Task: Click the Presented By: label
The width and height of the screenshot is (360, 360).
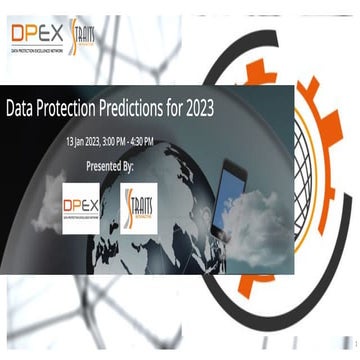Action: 110,163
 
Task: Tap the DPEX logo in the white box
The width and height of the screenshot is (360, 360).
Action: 87,207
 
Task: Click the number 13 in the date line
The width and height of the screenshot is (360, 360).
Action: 70,140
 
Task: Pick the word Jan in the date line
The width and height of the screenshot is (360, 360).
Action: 82,140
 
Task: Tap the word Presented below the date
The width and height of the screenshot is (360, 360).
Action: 103,163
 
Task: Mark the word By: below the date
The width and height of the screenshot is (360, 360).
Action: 127,163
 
